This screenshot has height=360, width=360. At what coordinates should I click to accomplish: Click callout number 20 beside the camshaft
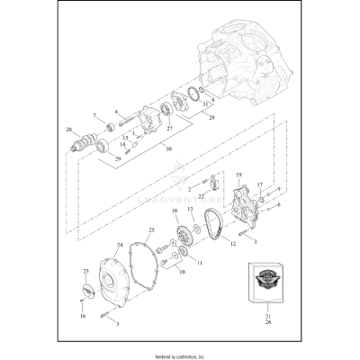pos(68,130)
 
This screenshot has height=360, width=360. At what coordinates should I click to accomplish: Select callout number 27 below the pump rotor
pos(167,130)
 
